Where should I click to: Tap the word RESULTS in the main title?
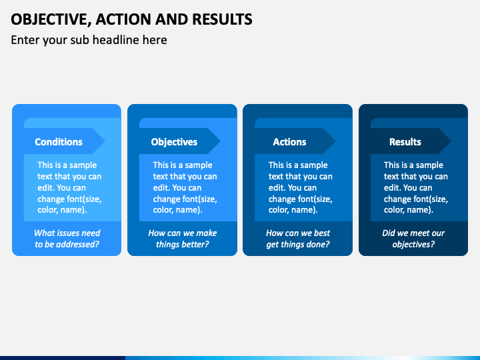(222, 19)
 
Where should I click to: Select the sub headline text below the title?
(89, 40)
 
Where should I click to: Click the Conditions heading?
(59, 142)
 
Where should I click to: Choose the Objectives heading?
(174, 142)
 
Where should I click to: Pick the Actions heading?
(289, 142)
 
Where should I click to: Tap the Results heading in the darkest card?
(405, 142)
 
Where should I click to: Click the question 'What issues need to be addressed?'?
(67, 239)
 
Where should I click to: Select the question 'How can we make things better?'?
(183, 239)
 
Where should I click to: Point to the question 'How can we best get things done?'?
(298, 239)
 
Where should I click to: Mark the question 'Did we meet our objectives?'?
(413, 239)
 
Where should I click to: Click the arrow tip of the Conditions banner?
(105, 141)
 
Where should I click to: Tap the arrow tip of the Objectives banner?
(221, 141)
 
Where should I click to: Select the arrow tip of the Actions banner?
(336, 141)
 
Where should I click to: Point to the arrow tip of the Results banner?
(451, 141)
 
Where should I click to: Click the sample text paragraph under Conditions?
(69, 187)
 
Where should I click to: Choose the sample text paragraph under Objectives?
(185, 187)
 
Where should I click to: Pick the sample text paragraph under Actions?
(300, 187)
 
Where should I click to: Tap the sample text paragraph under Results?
(416, 187)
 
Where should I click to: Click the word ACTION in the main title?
(123, 19)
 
